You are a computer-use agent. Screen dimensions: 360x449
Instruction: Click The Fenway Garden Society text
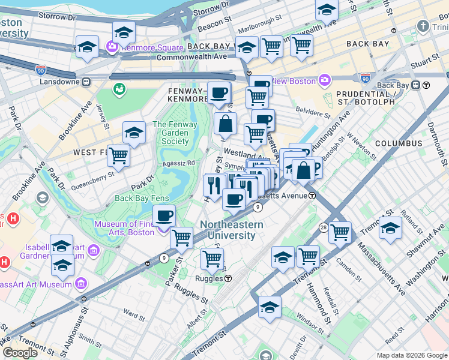[x=171, y=133]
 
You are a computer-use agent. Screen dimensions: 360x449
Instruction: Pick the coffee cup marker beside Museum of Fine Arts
[x=164, y=216]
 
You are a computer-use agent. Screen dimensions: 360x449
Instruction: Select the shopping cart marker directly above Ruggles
[x=211, y=259]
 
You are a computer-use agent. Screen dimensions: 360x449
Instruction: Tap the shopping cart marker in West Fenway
[x=119, y=155]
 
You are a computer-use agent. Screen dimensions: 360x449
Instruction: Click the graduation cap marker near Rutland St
[x=390, y=229]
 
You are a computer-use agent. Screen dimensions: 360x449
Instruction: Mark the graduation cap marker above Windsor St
[x=270, y=307]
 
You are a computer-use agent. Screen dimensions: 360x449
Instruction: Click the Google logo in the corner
[x=20, y=353]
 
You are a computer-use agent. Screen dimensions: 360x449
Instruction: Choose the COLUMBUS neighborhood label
[x=399, y=143]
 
